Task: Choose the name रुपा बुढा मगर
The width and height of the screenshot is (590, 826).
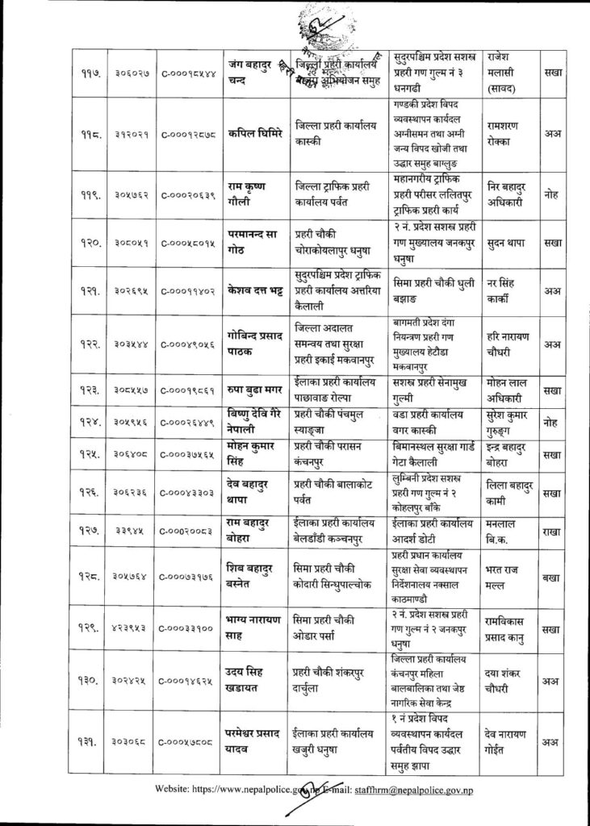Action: click(258, 389)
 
